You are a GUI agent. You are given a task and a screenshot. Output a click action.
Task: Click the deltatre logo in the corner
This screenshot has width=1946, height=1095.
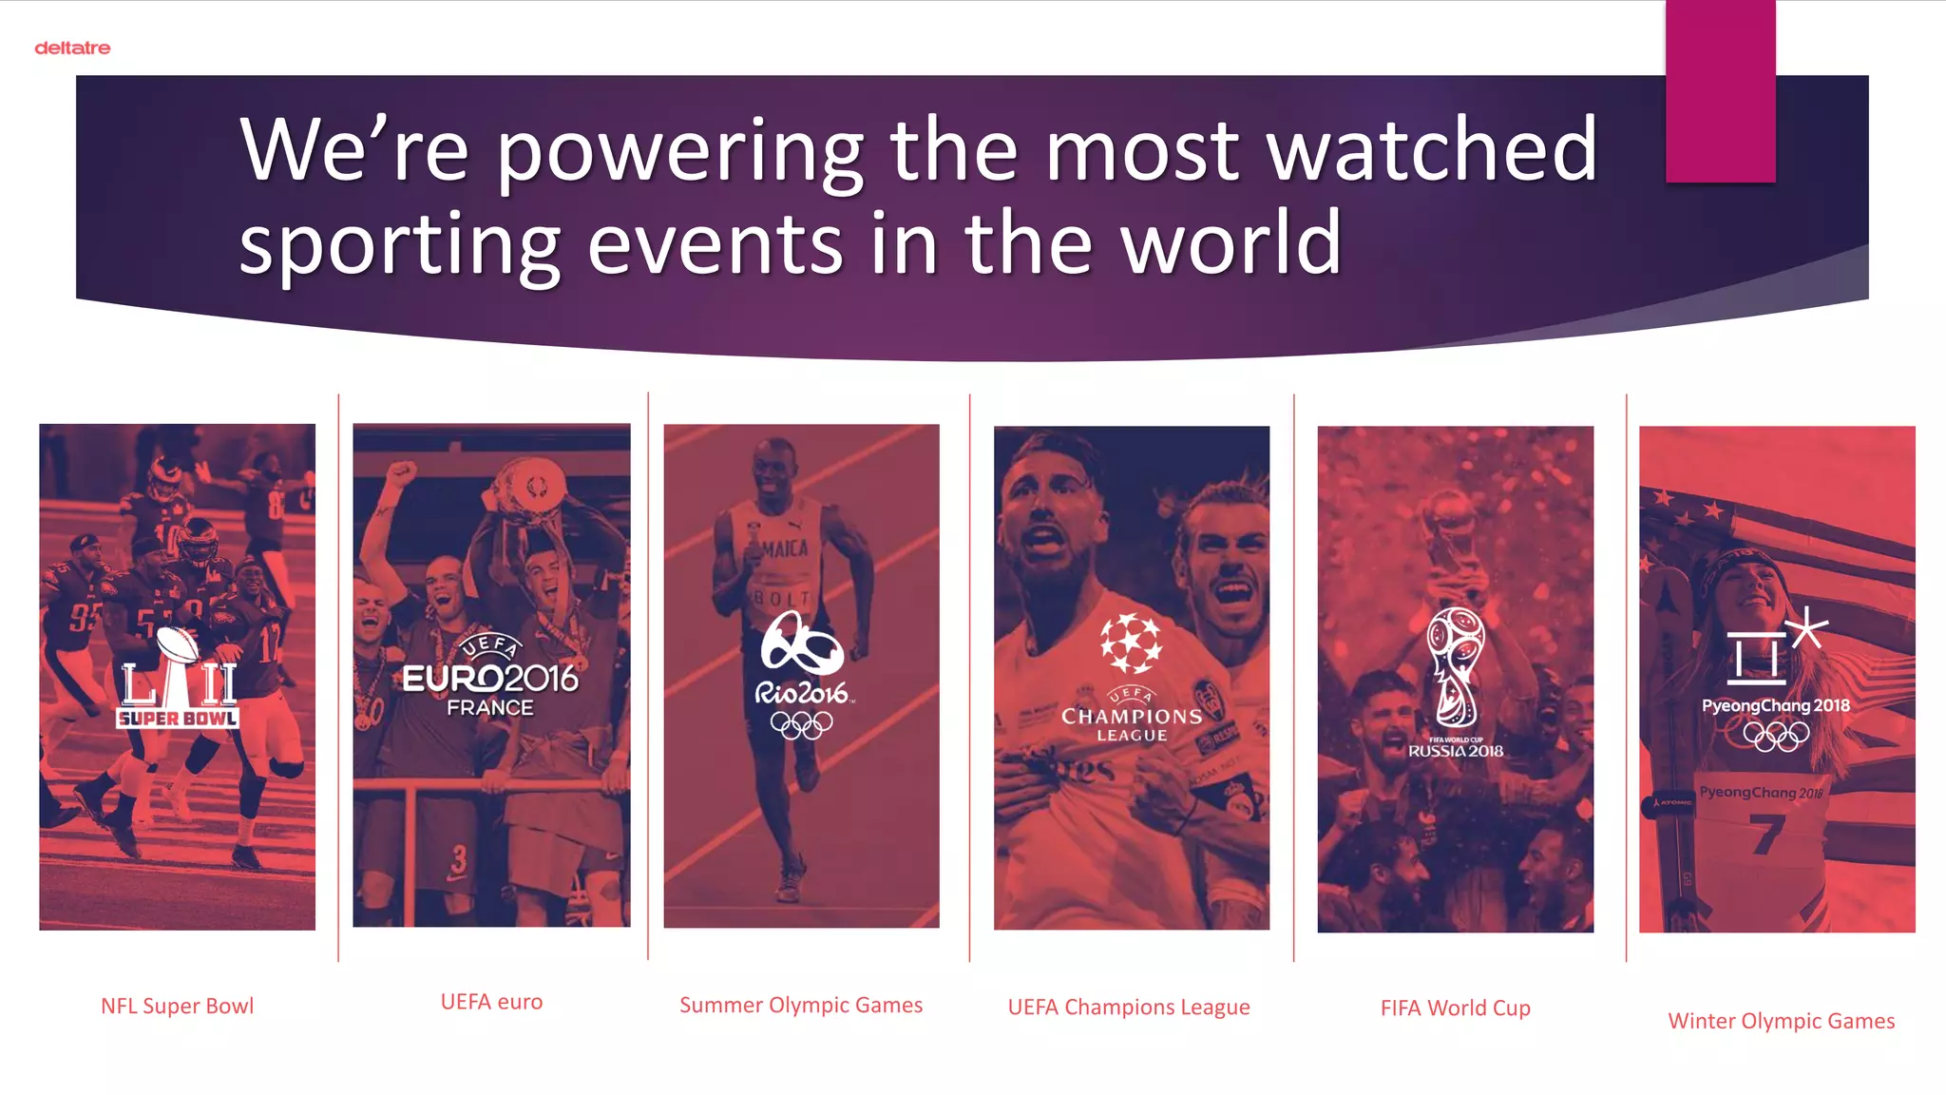click(x=72, y=48)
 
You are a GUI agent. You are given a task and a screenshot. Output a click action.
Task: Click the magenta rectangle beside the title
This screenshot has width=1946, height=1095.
click(x=1720, y=91)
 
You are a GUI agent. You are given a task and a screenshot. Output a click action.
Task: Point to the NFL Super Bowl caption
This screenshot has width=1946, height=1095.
click(x=177, y=1006)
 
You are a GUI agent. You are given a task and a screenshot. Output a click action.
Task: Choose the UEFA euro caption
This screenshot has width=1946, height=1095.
click(x=491, y=1002)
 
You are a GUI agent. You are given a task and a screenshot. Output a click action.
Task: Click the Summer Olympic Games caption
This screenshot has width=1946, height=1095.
click(x=801, y=1005)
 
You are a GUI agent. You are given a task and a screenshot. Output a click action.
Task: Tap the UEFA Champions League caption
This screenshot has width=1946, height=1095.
click(x=1129, y=1007)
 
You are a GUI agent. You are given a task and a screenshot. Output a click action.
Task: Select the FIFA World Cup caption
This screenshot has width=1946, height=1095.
click(x=1455, y=1008)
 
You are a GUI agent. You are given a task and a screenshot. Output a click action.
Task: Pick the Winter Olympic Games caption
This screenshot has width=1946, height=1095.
click(x=1781, y=1021)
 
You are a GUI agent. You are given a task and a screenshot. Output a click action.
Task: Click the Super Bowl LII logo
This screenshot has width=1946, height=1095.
click(x=178, y=681)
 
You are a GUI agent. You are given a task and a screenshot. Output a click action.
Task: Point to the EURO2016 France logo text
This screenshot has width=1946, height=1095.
click(x=490, y=679)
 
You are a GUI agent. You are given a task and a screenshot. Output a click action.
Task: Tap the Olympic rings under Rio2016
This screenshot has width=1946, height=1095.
click(x=801, y=725)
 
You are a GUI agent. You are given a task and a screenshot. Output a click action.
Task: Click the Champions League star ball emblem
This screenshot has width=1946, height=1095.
click(x=1131, y=644)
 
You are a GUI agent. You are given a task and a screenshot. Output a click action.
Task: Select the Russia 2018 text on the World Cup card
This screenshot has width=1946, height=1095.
click(x=1456, y=751)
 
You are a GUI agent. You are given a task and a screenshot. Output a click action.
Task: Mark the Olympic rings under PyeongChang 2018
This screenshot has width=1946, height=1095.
click(x=1776, y=735)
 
